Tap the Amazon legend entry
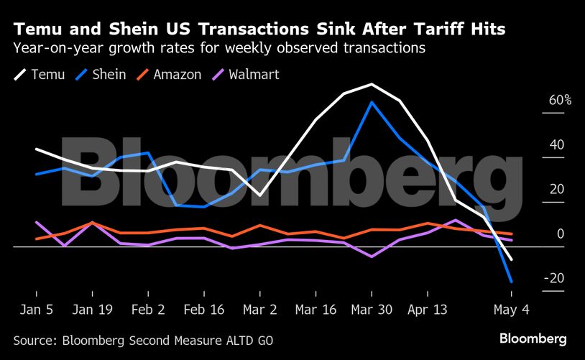pos(169,75)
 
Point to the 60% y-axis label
pos(560,101)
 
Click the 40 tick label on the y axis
pos(557,145)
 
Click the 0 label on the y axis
pos(561,234)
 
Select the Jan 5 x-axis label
pos(36,310)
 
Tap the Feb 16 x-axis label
pos(204,310)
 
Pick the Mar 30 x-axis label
pos(372,310)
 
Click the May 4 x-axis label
pos(511,310)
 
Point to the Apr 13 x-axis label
pos(427,310)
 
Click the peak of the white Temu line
pos(372,85)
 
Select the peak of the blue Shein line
pos(372,102)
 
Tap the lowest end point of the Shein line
pos(511,281)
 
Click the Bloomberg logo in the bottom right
pos(533,338)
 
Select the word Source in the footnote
pos(34,339)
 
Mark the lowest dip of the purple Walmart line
pos(372,257)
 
